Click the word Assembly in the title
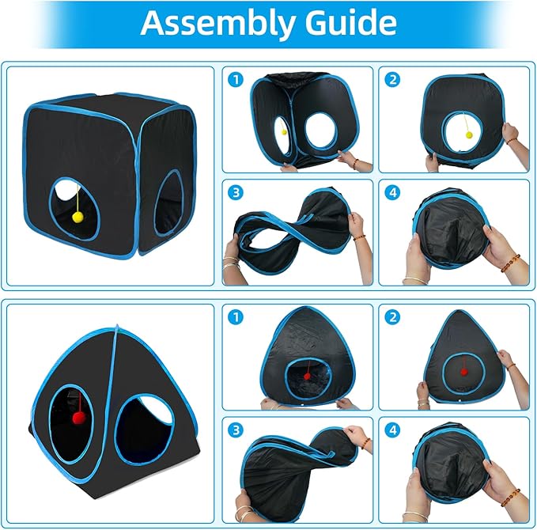217,23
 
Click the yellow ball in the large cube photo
78,217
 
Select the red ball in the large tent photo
79,418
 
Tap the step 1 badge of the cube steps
236,80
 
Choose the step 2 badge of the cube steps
392,80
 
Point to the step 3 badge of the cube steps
236,192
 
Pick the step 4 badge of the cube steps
392,192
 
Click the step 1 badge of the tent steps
236,317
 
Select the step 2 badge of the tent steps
392,317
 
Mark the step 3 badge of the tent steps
236,430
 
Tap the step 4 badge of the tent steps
392,430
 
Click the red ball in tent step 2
464,372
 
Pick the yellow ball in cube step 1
284,132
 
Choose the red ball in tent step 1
307,377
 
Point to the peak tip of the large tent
117,325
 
